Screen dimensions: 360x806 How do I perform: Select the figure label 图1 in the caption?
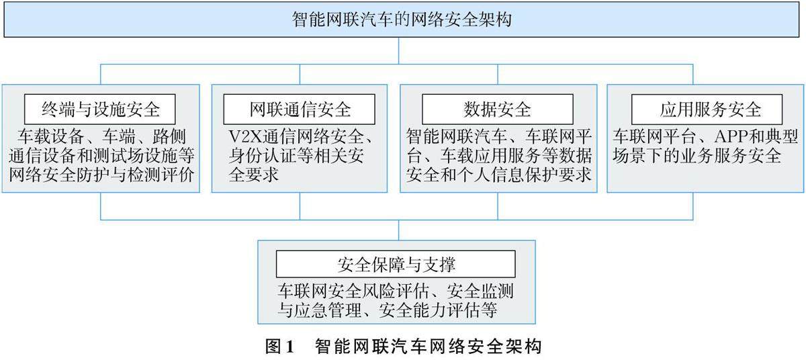pos(280,347)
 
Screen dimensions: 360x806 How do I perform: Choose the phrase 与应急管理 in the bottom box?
pos(316,311)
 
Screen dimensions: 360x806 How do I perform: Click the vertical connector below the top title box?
pos(400,50)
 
